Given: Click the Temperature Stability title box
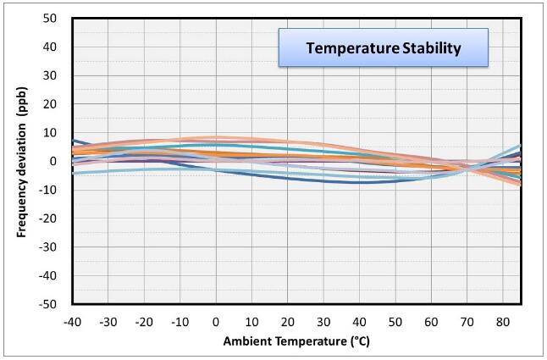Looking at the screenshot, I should [384, 47].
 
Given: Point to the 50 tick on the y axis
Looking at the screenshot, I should [50, 18].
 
